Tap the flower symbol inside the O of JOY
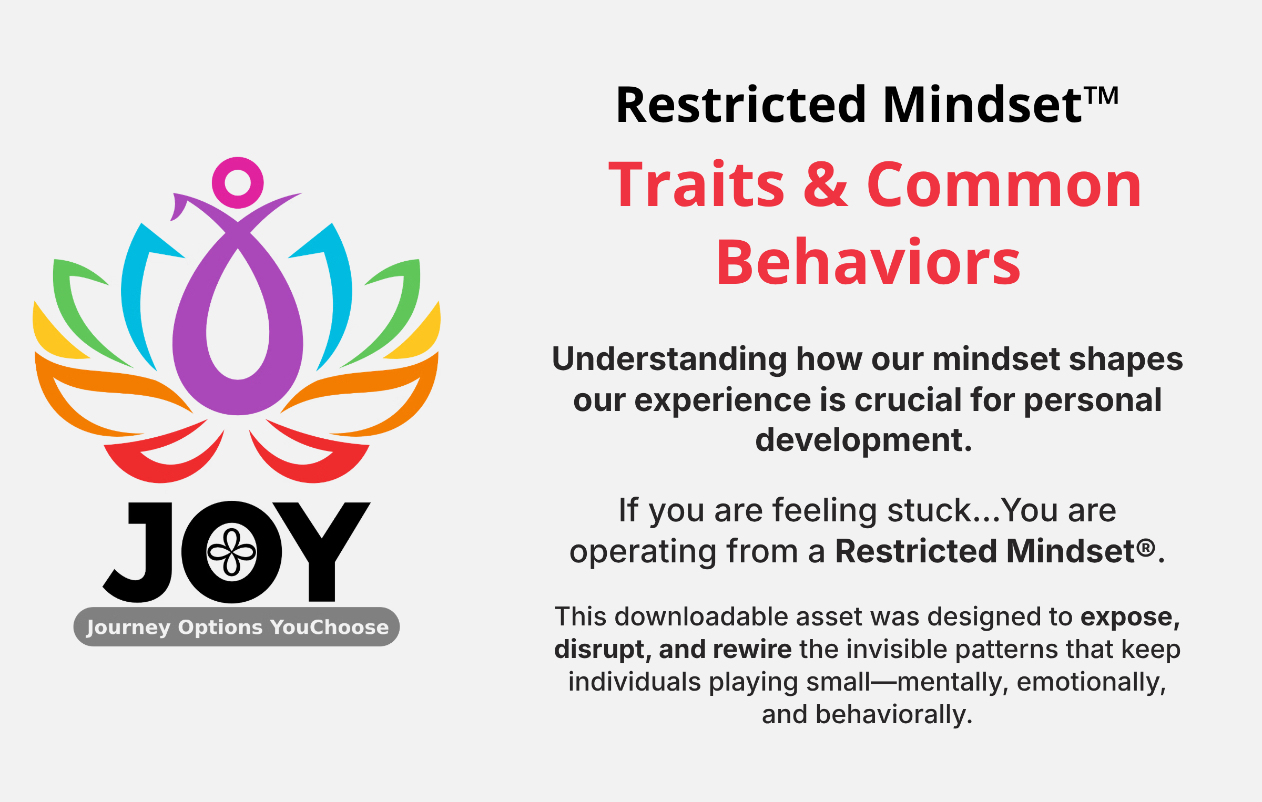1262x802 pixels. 232,552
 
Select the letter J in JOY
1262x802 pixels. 137,552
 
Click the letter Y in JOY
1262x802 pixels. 321,552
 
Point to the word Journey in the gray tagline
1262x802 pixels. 128,628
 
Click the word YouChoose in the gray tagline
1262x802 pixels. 330,627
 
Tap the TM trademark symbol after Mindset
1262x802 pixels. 1102,96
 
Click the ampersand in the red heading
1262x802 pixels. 826,184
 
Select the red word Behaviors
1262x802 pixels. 868,261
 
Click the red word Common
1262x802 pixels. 1004,184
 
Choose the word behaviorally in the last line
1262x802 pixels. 894,715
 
